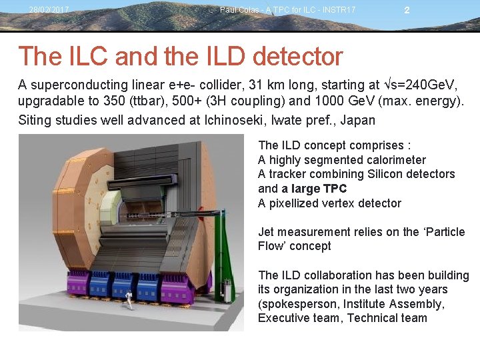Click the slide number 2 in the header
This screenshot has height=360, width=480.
click(407, 10)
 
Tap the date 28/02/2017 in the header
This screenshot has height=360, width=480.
click(49, 10)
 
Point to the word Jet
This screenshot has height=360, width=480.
click(267, 232)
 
